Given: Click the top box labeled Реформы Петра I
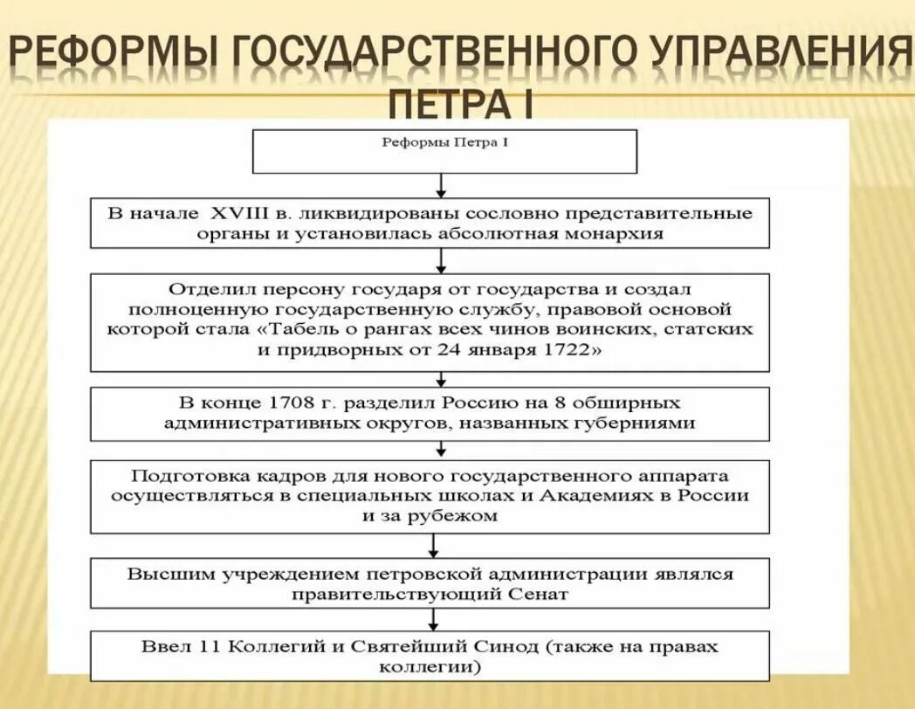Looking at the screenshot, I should (444, 150).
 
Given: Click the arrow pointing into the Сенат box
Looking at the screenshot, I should (434, 547).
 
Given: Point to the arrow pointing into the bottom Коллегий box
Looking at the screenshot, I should (434, 620).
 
